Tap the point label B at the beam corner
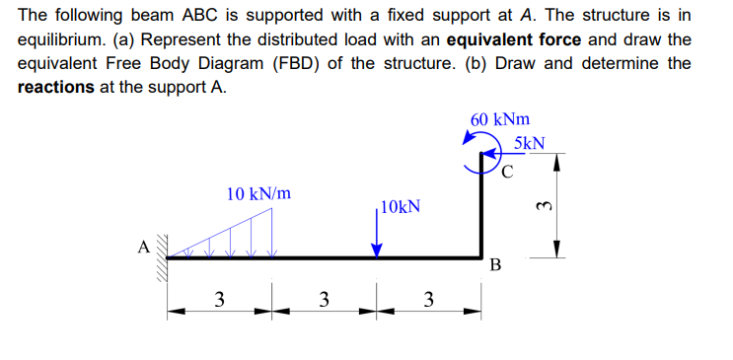point(495,265)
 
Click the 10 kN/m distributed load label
point(258,193)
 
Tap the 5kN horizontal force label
point(530,144)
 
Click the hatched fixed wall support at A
point(161,258)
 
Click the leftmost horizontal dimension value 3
point(218,299)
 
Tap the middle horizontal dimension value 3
point(324,299)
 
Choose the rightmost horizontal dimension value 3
point(428,299)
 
